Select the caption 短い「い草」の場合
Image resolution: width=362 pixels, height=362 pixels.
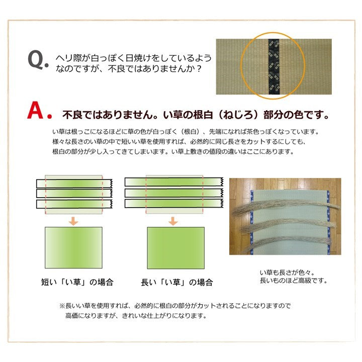coord(77,282)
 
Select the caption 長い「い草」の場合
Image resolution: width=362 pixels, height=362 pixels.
coord(176,282)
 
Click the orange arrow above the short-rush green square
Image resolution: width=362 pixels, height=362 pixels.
coord(73,220)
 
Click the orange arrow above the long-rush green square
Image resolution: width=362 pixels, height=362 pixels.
coord(173,220)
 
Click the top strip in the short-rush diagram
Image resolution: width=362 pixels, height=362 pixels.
coord(73,182)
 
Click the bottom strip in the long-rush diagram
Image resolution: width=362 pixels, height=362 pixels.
coord(173,204)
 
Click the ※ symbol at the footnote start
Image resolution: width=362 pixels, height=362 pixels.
coord(62,306)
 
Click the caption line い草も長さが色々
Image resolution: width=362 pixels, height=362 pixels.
coord(284,272)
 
